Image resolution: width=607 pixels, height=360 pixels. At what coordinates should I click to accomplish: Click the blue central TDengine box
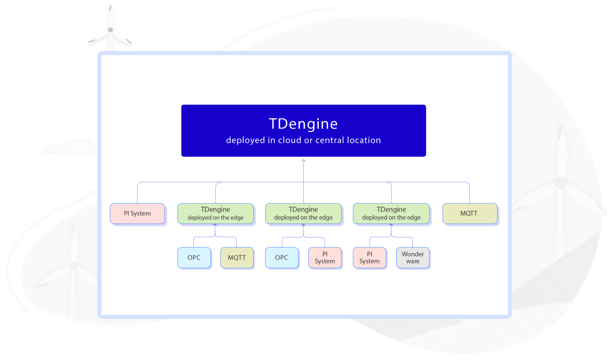click(x=303, y=130)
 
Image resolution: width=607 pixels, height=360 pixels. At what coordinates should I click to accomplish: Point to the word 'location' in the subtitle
click(x=364, y=140)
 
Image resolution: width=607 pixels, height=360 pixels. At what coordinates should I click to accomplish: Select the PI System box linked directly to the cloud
click(x=137, y=213)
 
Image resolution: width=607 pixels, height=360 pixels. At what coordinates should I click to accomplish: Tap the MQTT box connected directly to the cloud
click(x=469, y=213)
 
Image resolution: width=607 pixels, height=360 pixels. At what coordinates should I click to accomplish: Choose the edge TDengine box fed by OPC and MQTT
click(x=215, y=213)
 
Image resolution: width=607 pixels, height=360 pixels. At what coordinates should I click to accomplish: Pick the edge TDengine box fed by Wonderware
click(x=391, y=213)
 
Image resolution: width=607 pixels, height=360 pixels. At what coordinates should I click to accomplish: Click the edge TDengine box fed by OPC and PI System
click(x=303, y=213)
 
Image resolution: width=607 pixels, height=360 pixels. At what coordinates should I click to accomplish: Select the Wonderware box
click(x=413, y=258)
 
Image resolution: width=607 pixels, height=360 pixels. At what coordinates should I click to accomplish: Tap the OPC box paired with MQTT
click(x=194, y=258)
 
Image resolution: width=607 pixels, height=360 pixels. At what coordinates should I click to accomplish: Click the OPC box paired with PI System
click(x=282, y=258)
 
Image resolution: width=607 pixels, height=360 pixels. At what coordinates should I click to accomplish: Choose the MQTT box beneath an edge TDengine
click(x=237, y=258)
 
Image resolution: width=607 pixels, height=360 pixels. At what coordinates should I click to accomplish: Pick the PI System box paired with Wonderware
click(x=369, y=258)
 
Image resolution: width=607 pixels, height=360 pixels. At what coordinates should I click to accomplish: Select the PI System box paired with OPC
click(x=325, y=258)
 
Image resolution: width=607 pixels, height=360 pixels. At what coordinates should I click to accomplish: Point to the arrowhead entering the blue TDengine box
click(x=303, y=160)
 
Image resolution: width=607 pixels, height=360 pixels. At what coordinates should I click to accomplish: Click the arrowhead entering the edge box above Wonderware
click(x=391, y=225)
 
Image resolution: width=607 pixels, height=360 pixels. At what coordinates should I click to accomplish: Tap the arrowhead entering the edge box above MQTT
click(x=215, y=225)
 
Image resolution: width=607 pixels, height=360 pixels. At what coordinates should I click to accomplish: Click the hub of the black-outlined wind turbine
click(x=110, y=30)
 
